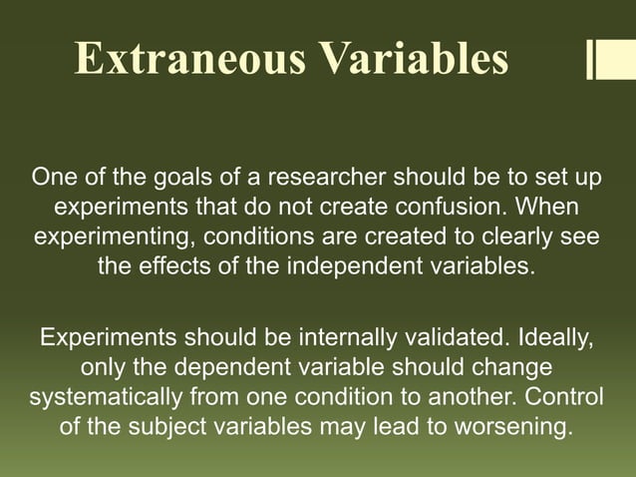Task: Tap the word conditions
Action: pos(242,239)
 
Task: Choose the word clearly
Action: pos(516,239)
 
